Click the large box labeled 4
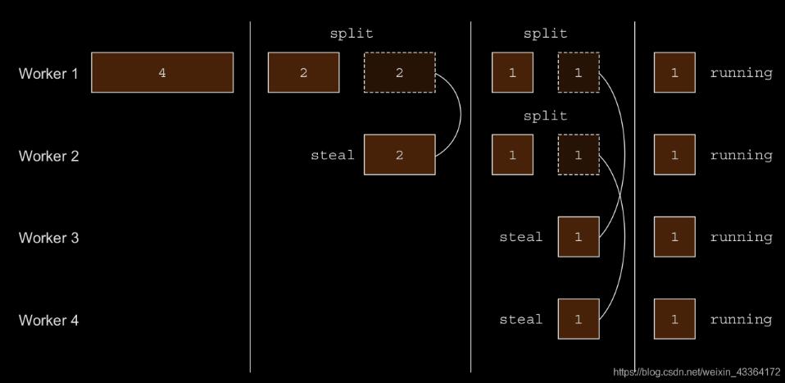(x=162, y=72)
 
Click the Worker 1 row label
(x=49, y=74)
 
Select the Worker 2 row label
(x=49, y=156)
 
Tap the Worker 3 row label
(x=49, y=238)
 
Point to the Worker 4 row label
(x=49, y=320)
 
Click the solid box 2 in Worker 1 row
(x=303, y=72)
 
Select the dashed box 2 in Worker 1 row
(x=399, y=72)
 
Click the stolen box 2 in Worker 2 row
(x=399, y=155)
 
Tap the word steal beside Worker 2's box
(x=332, y=155)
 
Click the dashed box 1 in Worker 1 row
(x=578, y=72)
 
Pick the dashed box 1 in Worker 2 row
(x=578, y=155)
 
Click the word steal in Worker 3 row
(x=521, y=237)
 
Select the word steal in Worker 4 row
(x=521, y=319)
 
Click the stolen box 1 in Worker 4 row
(x=578, y=319)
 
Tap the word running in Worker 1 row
(x=741, y=72)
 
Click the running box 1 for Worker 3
(x=674, y=237)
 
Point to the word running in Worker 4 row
(x=741, y=319)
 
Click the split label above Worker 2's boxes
(x=545, y=116)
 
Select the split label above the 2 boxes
(x=351, y=34)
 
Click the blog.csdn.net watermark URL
(x=697, y=372)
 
